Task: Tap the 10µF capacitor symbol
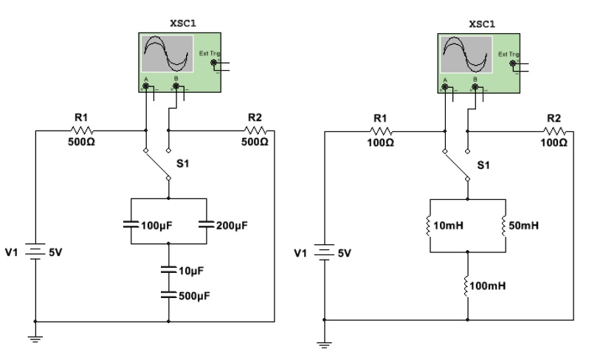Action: point(169,271)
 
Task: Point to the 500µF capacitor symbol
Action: point(169,294)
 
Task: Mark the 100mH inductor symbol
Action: point(467,284)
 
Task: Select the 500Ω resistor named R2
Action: point(255,131)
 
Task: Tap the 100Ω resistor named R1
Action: point(380,131)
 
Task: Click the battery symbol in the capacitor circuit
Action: point(34,253)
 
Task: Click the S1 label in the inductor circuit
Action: point(483,165)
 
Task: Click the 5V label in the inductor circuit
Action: point(344,253)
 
